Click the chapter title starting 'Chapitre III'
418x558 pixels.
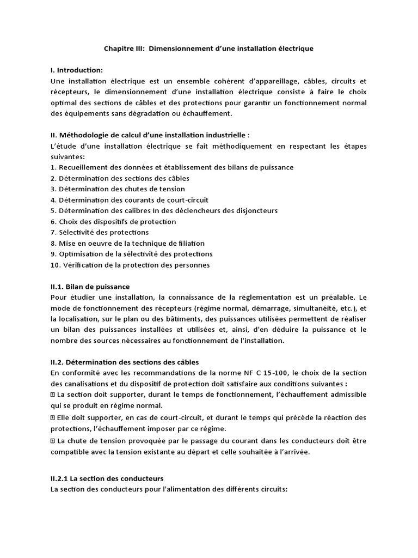tap(208, 48)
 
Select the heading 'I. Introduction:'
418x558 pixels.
tap(76, 70)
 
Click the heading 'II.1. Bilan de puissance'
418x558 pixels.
tap(90, 286)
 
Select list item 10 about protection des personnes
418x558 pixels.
tap(130, 265)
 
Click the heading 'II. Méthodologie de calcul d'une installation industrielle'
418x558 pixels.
tap(150, 135)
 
